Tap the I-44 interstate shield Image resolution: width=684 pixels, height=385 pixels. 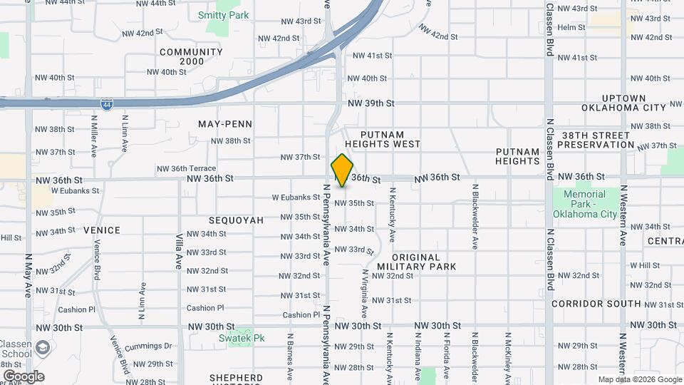(95, 104)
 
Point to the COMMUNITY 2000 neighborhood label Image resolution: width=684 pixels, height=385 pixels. (191, 57)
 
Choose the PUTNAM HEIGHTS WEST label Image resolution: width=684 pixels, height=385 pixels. (390, 139)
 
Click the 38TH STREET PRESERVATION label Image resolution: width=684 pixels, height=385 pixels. (596, 140)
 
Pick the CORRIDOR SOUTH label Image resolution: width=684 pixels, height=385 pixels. (596, 304)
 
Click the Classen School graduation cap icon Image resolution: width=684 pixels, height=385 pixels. (43, 347)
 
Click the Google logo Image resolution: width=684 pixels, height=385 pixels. (24, 376)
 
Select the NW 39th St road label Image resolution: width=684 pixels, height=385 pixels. (371, 103)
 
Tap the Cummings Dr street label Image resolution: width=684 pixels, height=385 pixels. (148, 346)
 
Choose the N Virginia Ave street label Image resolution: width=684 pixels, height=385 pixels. (364, 293)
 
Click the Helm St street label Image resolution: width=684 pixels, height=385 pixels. (571, 28)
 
